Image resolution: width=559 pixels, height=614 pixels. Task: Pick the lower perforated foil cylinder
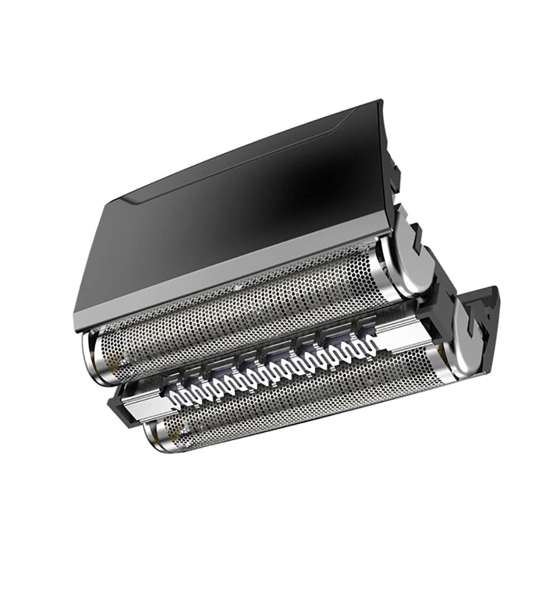click(298, 406)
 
